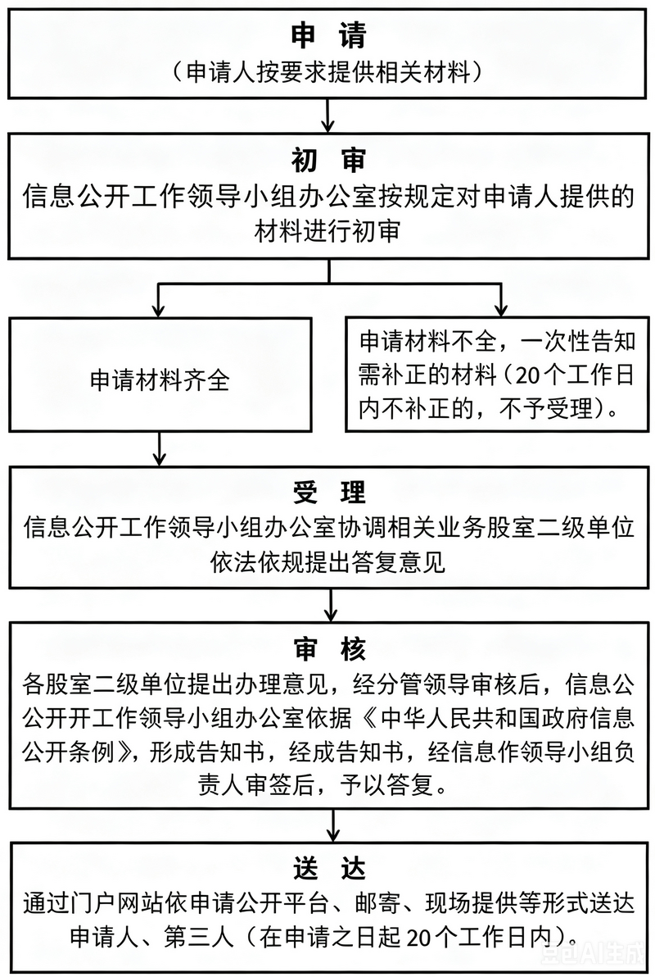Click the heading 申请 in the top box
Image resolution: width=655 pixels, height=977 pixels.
click(x=328, y=35)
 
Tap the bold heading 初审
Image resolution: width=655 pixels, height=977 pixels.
click(x=328, y=160)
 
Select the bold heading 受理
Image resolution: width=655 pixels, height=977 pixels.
click(x=329, y=493)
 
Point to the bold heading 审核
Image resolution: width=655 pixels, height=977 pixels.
click(x=329, y=650)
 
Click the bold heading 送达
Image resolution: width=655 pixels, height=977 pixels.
click(x=329, y=869)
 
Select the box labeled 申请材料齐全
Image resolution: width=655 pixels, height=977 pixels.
click(x=160, y=375)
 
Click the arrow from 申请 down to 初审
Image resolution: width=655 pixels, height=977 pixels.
click(x=328, y=116)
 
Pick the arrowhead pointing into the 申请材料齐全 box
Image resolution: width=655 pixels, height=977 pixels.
click(x=160, y=308)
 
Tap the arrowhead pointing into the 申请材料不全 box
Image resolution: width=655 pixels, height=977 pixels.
click(x=500, y=308)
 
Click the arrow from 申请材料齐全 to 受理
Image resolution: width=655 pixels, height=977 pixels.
click(x=160, y=448)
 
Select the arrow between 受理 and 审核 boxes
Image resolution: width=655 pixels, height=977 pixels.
click(x=331, y=604)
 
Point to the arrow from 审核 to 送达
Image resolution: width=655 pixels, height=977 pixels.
click(x=334, y=826)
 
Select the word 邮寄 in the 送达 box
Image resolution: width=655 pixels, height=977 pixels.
click(x=378, y=903)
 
